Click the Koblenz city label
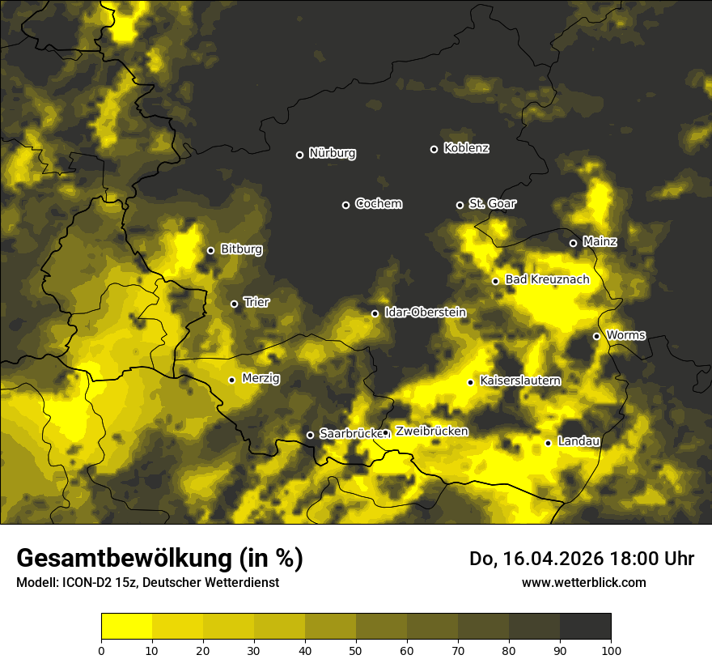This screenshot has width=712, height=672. click(x=466, y=148)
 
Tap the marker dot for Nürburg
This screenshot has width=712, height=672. click(x=299, y=155)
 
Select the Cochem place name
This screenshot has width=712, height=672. click(x=378, y=204)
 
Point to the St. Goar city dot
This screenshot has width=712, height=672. click(x=460, y=205)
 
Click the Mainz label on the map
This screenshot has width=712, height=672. click(x=600, y=242)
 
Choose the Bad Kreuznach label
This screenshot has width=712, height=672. click(x=547, y=279)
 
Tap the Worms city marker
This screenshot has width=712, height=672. click(x=596, y=336)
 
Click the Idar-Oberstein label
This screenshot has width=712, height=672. click(x=425, y=313)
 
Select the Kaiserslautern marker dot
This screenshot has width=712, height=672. click(x=470, y=382)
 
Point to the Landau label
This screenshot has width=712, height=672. click(x=578, y=441)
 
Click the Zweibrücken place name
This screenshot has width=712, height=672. click(x=431, y=432)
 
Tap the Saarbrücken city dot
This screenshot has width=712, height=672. click(x=310, y=435)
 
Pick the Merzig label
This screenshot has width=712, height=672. click(x=261, y=378)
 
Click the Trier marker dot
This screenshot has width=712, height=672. click(x=235, y=304)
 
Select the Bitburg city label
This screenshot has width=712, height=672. click(x=241, y=249)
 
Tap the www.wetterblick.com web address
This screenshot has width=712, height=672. click(x=583, y=582)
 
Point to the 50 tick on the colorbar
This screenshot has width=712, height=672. click(x=356, y=649)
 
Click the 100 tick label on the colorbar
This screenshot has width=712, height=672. click(x=611, y=649)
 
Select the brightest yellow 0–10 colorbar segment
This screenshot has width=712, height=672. click(x=126, y=626)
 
